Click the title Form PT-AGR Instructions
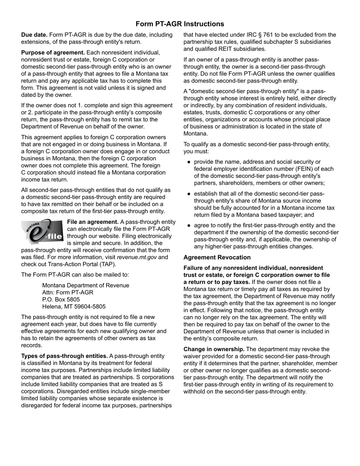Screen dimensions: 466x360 [x=180, y=24]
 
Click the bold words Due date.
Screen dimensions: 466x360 [x=34, y=35]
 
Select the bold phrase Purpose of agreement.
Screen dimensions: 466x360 [x=53, y=53]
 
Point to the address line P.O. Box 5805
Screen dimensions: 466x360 [x=61, y=299]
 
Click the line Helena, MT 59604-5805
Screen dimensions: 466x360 [x=74, y=306]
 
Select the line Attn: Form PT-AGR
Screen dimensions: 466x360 [x=68, y=292]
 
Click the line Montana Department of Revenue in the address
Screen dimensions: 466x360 [x=86, y=285]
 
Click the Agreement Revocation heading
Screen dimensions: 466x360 [x=217, y=257]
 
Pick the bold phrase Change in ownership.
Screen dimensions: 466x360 [x=214, y=349]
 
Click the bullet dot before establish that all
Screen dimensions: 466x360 [x=189, y=194]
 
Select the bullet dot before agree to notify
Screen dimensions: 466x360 [x=189, y=225]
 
